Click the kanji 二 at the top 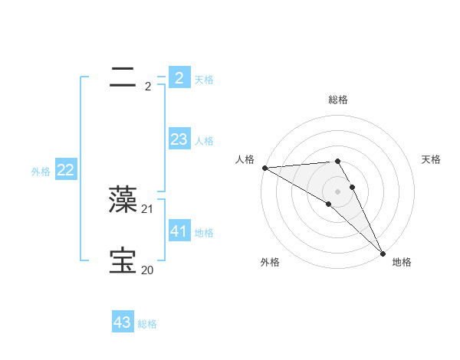(x=123, y=76)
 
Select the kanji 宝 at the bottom (x=123, y=260)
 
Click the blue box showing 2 (x=179, y=77)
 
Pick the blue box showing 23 (x=179, y=139)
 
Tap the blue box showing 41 (x=179, y=231)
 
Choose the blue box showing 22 (x=65, y=170)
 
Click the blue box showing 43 (x=122, y=322)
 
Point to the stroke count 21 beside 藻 (x=147, y=208)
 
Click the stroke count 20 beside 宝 (x=147, y=270)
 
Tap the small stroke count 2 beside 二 (x=148, y=87)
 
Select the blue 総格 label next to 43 (x=147, y=324)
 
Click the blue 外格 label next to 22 (x=41, y=172)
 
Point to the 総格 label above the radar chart (x=338, y=100)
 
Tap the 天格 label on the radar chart (x=431, y=159)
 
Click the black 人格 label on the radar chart (x=245, y=159)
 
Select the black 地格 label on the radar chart (x=402, y=262)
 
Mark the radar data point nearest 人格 (x=264, y=168)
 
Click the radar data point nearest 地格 (x=382, y=254)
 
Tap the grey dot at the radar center (x=337, y=191)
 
